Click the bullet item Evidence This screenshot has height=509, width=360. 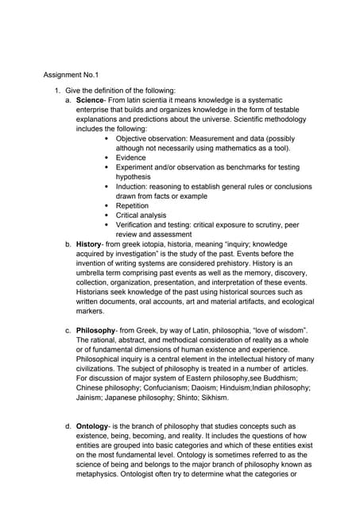point(131,157)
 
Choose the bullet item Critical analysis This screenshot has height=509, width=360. point(141,215)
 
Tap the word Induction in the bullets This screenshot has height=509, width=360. point(134,186)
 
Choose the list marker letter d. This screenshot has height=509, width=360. point(68,426)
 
